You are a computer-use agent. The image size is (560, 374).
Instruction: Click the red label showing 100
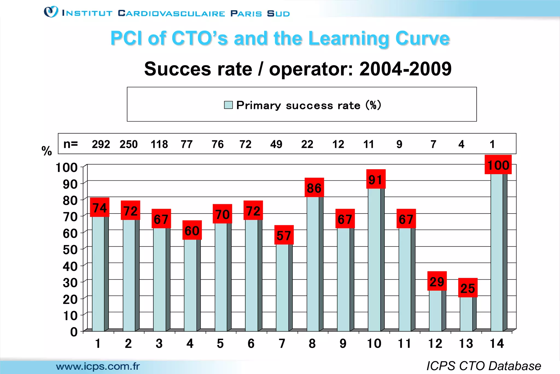(498, 165)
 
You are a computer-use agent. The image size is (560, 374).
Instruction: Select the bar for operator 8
(313, 263)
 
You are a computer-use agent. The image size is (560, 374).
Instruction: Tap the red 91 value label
(376, 179)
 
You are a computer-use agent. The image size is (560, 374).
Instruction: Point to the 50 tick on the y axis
(70, 250)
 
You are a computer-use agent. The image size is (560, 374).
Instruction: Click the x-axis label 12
(435, 344)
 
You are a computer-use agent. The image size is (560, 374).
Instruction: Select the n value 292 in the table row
(101, 144)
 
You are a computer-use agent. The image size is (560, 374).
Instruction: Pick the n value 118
(159, 144)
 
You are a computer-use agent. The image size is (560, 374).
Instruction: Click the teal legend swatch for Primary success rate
(228, 105)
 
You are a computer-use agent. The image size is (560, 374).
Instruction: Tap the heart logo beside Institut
(51, 12)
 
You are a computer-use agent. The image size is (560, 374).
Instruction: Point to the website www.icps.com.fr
(98, 366)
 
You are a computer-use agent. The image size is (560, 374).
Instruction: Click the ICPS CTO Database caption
(484, 366)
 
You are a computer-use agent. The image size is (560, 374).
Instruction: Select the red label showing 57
(284, 235)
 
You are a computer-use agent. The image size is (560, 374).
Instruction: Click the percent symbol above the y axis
(47, 151)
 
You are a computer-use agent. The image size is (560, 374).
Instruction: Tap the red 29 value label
(437, 281)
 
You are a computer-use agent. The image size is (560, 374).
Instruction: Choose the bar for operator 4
(191, 285)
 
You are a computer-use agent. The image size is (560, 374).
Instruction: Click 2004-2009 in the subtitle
(405, 69)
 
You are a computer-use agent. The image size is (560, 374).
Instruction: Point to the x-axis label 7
(282, 344)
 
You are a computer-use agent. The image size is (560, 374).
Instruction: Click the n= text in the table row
(71, 144)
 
